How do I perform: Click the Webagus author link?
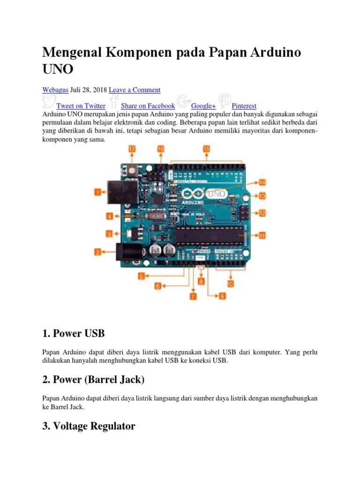[55, 90]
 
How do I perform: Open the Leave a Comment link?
[135, 90]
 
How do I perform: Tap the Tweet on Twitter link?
[81, 106]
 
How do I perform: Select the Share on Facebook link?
[148, 106]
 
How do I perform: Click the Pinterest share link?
[244, 106]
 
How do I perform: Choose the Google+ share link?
[203, 106]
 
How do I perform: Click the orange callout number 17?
[132, 149]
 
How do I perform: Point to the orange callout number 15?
[207, 149]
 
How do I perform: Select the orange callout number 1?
[98, 192]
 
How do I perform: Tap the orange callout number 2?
[98, 252]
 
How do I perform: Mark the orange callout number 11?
[262, 235]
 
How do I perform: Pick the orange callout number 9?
[222, 296]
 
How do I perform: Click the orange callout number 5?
[141, 276]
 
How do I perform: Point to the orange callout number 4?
[110, 217]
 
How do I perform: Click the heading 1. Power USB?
[73, 334]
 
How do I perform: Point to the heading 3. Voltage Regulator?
[89, 426]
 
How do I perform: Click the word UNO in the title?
[58, 69]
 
